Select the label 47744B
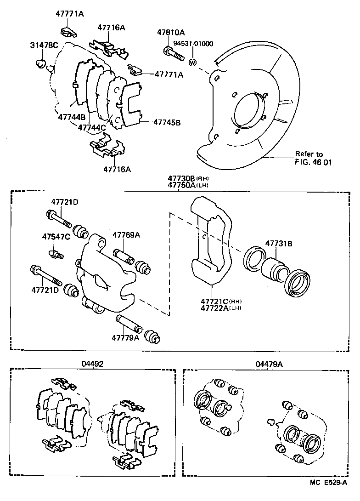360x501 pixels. coord(72,117)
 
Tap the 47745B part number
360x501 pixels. coord(167,123)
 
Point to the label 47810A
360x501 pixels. coord(170,33)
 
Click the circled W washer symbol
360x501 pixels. coord(193,63)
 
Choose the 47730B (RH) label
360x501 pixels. coord(188,178)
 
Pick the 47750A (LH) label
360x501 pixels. coord(188,185)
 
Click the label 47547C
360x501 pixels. coord(56,237)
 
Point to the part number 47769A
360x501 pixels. coord(126,235)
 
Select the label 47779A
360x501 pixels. coord(125,338)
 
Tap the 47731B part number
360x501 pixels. coord(278,244)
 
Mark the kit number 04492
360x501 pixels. coord(92,363)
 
